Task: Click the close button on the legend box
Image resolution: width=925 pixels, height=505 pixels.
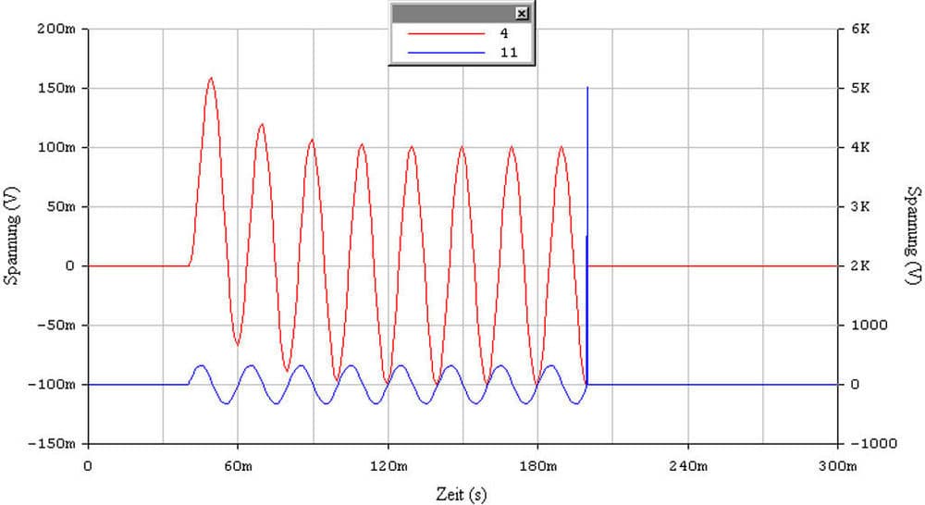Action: [522, 13]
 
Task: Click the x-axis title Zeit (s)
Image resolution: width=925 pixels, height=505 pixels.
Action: [462, 494]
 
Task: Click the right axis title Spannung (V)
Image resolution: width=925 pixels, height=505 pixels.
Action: [912, 236]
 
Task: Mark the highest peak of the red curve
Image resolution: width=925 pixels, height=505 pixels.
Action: [211, 78]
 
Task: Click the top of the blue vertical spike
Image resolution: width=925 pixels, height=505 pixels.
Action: [587, 87]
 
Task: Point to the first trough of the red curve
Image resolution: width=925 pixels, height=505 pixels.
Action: [237, 345]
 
